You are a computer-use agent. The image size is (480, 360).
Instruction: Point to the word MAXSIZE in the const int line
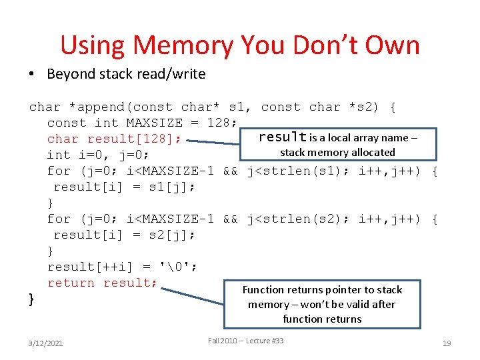(x=150, y=123)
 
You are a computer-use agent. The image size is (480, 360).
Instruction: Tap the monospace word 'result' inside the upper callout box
(x=282, y=137)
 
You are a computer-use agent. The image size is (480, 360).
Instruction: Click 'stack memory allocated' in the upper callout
(x=337, y=152)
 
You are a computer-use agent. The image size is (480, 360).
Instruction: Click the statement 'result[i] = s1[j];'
(x=124, y=187)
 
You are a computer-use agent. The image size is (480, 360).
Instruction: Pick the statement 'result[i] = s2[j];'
(x=124, y=235)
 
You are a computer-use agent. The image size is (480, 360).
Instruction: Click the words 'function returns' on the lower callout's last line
(x=322, y=319)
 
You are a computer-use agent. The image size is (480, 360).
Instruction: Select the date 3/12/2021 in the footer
(x=47, y=343)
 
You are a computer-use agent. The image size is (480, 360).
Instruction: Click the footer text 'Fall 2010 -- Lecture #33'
(x=245, y=341)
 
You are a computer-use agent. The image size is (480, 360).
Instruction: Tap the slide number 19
(x=447, y=343)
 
